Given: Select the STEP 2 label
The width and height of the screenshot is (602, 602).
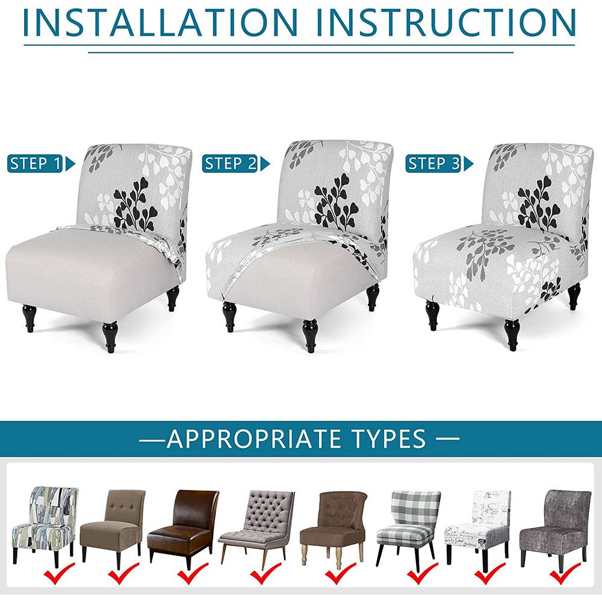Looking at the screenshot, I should click(x=231, y=163).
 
